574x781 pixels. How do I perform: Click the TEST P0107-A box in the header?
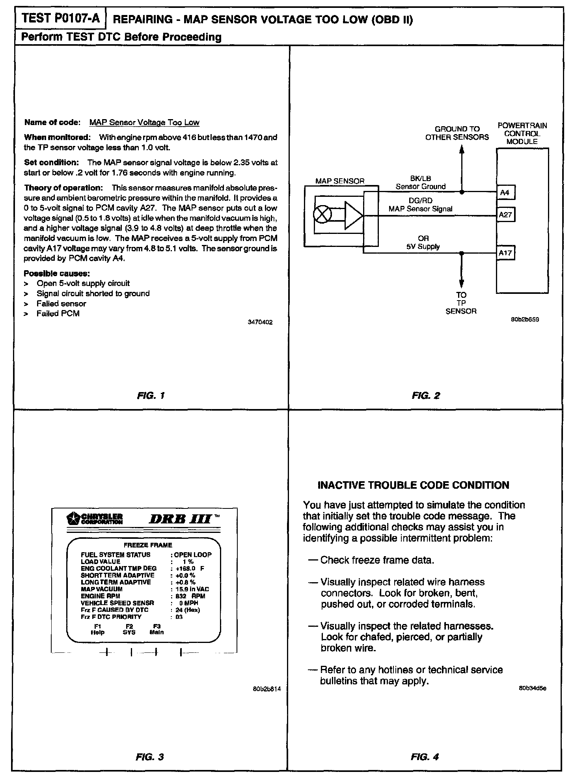tap(60, 19)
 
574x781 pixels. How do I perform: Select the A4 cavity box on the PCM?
tap(505, 192)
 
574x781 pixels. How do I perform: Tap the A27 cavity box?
tap(505, 215)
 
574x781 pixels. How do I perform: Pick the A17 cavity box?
tap(505, 253)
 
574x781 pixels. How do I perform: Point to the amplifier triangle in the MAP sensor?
tap(352, 215)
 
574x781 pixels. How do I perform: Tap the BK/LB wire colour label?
tap(421, 179)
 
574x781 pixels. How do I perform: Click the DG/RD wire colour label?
tap(421, 201)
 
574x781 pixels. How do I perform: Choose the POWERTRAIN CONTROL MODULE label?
tap(522, 133)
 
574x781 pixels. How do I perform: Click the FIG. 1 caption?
tap(151, 395)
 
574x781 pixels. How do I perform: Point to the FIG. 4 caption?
tap(425, 757)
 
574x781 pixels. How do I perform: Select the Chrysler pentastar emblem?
tap(73, 518)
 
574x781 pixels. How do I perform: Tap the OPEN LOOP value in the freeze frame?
tap(193, 555)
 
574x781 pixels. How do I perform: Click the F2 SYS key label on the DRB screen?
tap(129, 629)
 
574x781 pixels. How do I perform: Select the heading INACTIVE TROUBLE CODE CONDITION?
tap(413, 485)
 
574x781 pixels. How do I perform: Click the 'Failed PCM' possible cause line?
tap(58, 314)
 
